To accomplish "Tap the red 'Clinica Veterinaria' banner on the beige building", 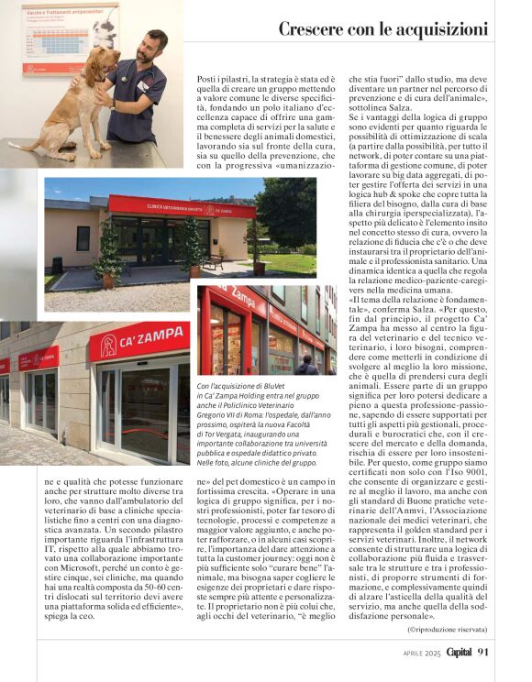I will coord(181,207).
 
